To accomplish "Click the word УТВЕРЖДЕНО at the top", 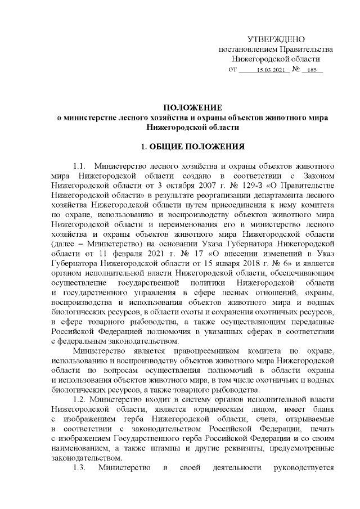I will (x=276, y=39).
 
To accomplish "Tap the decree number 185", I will (x=313, y=70).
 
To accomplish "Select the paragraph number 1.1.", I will (x=80, y=166).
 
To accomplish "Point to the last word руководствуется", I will (x=303, y=467).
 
